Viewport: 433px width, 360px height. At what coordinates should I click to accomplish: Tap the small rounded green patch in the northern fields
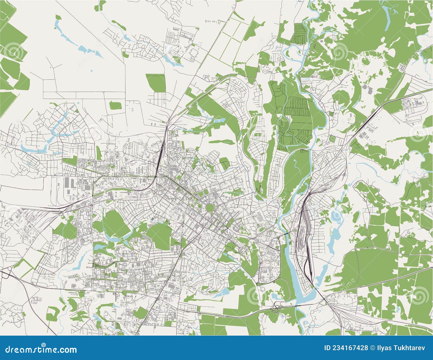[116, 105]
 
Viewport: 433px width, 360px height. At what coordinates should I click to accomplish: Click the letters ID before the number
[327, 348]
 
